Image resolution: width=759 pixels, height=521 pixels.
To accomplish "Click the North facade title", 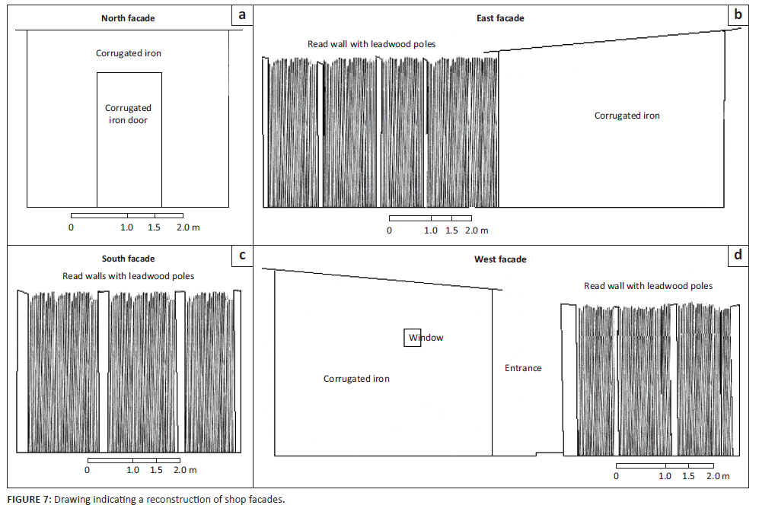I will (x=128, y=18).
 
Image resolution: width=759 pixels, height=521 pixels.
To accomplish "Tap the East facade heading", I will (x=499, y=18).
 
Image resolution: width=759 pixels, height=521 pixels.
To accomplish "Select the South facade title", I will (x=128, y=259).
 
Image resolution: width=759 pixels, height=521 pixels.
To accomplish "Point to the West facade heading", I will (x=499, y=259).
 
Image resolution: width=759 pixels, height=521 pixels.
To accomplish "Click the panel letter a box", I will (x=241, y=15).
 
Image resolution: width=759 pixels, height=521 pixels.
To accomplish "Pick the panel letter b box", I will (x=738, y=15).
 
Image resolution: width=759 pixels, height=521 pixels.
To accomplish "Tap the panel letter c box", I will (x=241, y=256).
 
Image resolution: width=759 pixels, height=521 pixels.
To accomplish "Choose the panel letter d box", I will (x=738, y=256).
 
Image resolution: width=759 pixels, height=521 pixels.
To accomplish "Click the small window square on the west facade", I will (x=412, y=338).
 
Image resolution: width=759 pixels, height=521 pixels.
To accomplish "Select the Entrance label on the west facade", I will (x=523, y=368).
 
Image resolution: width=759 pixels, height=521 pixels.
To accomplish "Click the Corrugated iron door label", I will (x=128, y=114).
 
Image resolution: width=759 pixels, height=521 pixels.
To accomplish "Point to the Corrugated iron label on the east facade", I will (x=627, y=116).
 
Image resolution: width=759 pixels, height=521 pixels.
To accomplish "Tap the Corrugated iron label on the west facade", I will (x=356, y=379).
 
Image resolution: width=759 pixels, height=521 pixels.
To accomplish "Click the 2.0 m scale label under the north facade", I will (x=187, y=227).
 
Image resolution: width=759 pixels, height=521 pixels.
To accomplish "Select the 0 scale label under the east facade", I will (x=390, y=230).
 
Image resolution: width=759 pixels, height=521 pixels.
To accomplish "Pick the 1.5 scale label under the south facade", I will (x=156, y=470).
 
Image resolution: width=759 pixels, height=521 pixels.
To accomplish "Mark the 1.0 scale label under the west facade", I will (x=665, y=476).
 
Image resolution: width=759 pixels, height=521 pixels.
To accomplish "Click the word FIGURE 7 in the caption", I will (x=28, y=500).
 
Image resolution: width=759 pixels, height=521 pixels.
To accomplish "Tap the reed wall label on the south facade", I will (x=128, y=276).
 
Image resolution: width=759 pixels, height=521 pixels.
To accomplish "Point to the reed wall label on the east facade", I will (x=372, y=44).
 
